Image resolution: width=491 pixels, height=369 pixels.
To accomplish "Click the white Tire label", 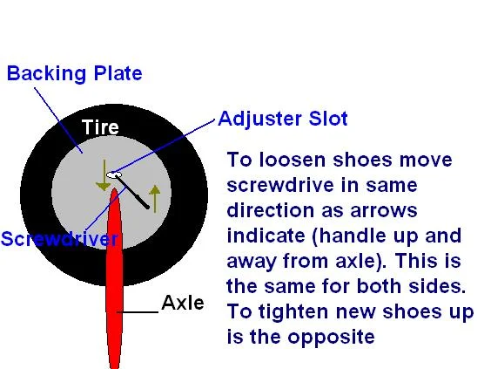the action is tap(100, 127).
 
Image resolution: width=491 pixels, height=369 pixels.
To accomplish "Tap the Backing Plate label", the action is tap(75, 74).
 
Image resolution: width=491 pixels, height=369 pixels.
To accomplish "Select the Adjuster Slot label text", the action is tap(283, 119).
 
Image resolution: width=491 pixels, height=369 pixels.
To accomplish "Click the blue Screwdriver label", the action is tap(59, 239).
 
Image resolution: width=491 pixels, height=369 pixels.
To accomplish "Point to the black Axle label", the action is tap(183, 303).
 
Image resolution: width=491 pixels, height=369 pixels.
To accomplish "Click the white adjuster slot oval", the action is tap(114, 174).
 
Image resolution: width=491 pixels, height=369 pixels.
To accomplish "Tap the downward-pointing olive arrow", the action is tap(104, 175).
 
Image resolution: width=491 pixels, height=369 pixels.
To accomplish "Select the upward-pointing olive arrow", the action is tap(155, 199).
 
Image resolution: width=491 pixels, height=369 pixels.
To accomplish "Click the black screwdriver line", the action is tap(132, 191).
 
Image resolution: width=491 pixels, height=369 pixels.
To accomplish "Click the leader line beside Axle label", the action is tap(138, 312).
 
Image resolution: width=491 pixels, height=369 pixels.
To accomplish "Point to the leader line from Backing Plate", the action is tap(58, 120).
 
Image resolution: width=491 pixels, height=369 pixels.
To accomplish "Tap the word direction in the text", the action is tap(270, 210).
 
